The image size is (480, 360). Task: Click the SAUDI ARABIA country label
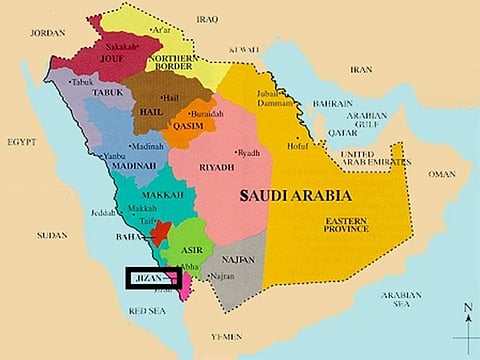(x=290, y=198)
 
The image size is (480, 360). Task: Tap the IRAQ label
(x=207, y=19)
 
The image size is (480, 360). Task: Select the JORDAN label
(x=48, y=33)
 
